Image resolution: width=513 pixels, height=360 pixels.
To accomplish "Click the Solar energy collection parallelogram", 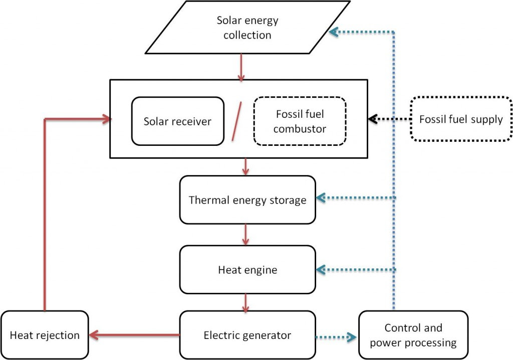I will click(x=247, y=28).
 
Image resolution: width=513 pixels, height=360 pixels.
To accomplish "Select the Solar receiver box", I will click(x=177, y=121).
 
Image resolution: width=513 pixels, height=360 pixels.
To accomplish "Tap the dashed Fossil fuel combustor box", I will click(x=300, y=121).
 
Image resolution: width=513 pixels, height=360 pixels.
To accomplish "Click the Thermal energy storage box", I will click(x=247, y=200).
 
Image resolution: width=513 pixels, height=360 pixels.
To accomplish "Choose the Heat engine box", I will click(x=247, y=270).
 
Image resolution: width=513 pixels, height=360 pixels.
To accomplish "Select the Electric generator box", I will click(x=247, y=335).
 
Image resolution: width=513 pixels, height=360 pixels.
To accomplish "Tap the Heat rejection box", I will click(x=45, y=335).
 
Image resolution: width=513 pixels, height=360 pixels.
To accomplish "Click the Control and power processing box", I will click(x=413, y=335).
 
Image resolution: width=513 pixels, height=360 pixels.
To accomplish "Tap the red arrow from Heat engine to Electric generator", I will click(x=245, y=302).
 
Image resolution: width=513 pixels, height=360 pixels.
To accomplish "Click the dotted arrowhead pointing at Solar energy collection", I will click(x=333, y=32).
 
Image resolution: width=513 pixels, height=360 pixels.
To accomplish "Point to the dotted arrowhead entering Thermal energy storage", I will click(x=321, y=199).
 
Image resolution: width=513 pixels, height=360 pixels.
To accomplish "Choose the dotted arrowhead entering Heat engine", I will click(x=321, y=270).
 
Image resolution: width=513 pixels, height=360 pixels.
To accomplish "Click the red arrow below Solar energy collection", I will click(x=241, y=67).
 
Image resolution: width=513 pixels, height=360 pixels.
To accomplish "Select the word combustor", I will click(x=301, y=129).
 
